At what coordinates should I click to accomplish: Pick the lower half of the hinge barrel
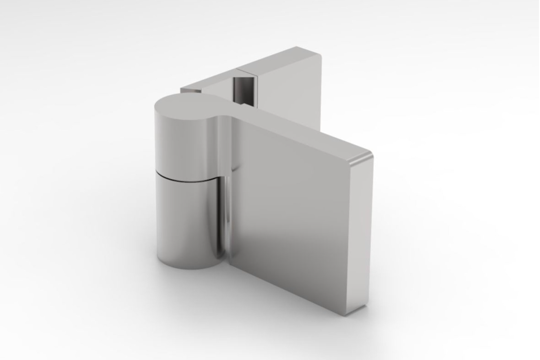(x=185, y=222)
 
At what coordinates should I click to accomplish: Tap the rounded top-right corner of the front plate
(x=367, y=157)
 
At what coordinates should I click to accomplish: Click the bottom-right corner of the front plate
(x=362, y=310)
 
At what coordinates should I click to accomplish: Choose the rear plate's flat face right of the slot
(x=291, y=84)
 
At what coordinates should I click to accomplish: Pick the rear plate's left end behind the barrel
(x=190, y=90)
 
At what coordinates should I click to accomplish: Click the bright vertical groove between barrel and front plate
(x=225, y=217)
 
